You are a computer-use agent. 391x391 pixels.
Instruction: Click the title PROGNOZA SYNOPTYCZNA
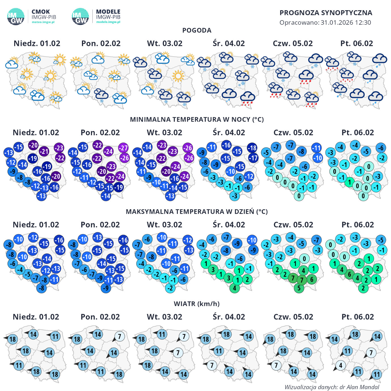(x=326, y=13)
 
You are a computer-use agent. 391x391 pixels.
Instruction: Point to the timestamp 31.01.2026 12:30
(x=346, y=23)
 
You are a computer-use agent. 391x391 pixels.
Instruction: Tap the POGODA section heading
(x=197, y=30)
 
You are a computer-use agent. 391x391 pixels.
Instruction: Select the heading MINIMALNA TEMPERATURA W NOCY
(x=197, y=119)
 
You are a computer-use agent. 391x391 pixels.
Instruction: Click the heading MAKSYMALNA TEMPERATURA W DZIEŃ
(x=197, y=212)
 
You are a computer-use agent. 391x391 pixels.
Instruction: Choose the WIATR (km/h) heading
(x=197, y=304)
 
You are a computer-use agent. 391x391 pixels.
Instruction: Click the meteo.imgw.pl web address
(x=43, y=22)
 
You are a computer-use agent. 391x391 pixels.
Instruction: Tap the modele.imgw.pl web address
(x=108, y=22)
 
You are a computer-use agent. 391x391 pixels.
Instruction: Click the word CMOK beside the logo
(x=41, y=12)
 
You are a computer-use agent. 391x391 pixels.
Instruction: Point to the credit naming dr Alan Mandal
(x=332, y=387)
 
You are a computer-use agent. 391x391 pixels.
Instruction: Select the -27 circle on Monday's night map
(x=123, y=148)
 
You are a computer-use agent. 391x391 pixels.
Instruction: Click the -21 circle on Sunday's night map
(x=44, y=151)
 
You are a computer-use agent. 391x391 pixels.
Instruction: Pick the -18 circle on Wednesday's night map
(x=252, y=148)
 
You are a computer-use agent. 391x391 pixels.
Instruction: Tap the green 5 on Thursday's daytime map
(x=299, y=288)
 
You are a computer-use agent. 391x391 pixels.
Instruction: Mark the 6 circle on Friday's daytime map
(x=349, y=274)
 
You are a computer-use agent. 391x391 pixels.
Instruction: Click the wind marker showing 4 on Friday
(x=341, y=365)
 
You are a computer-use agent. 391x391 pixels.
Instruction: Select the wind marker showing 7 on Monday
(x=119, y=337)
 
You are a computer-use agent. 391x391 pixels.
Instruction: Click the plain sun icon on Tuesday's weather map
(x=178, y=76)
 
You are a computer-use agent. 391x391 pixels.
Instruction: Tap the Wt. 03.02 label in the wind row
(x=164, y=317)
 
